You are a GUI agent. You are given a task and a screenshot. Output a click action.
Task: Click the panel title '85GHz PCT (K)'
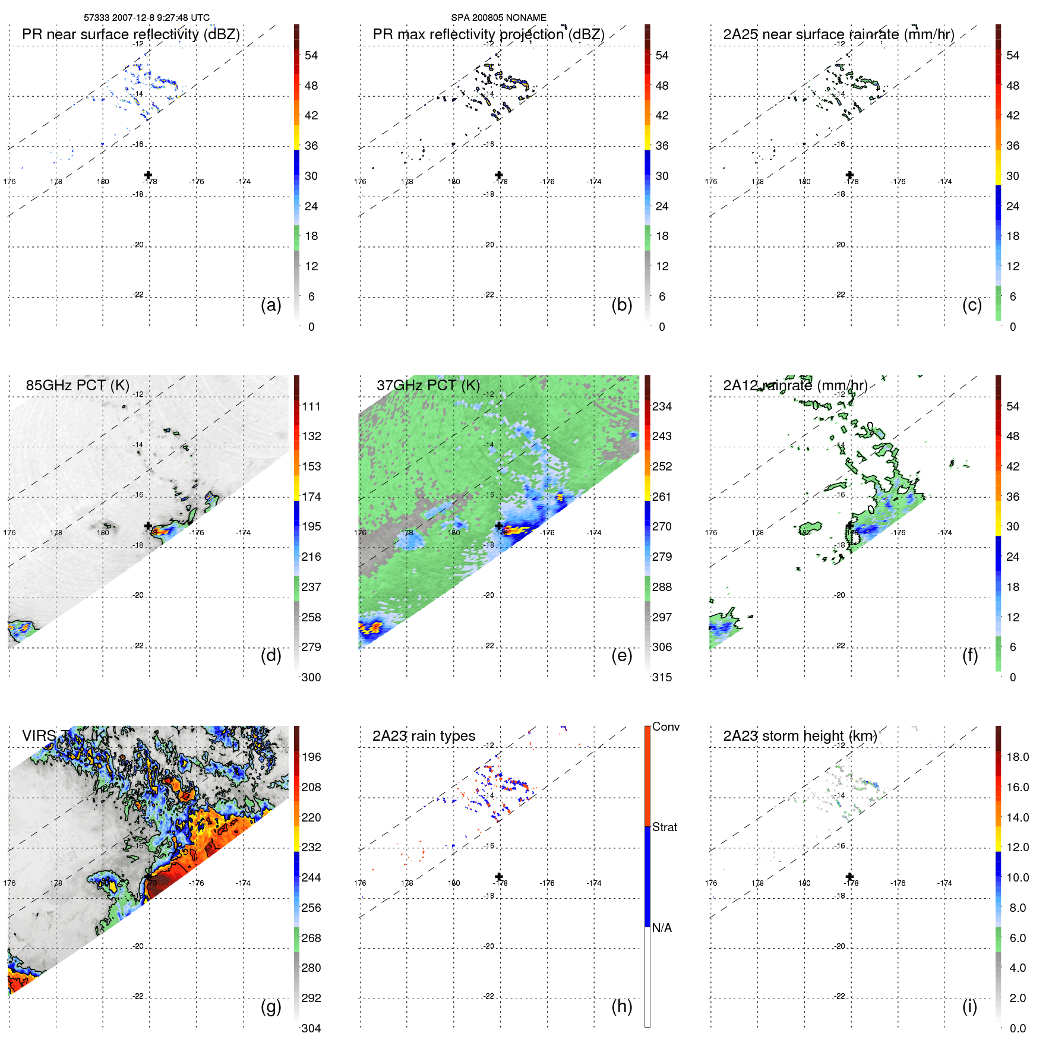point(77,385)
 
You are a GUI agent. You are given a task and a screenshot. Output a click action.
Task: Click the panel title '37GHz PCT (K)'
point(428,385)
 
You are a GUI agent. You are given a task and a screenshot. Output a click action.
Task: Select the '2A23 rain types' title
point(424,736)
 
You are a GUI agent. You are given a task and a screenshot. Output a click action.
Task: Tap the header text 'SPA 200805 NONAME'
point(498,18)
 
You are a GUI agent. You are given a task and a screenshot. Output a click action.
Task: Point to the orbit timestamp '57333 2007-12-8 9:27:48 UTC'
point(147,18)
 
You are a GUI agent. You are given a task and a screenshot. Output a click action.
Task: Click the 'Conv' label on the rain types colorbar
point(665,726)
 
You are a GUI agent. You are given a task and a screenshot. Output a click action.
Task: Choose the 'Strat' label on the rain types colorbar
point(664,827)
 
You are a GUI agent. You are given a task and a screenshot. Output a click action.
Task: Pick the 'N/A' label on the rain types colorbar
point(662,928)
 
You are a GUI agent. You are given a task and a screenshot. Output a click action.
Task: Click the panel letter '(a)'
point(271,305)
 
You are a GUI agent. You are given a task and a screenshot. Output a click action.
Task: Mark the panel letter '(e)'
point(621,655)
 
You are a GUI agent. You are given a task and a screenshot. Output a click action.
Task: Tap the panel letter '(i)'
point(969,1006)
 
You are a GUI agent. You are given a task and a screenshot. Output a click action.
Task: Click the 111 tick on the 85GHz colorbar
point(311,406)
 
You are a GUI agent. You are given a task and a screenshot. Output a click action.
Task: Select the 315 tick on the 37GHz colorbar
point(662,677)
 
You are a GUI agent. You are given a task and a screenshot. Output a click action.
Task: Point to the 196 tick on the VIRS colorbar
point(311,757)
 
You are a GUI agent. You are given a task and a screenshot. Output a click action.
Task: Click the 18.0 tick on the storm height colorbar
point(1018,757)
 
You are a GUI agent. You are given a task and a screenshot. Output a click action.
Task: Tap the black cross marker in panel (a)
point(148,175)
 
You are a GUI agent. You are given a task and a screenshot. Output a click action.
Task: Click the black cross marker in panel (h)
point(499,876)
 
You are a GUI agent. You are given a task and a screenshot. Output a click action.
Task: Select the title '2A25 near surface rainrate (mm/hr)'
point(838,34)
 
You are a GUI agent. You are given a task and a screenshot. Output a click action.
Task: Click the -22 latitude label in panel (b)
point(489,295)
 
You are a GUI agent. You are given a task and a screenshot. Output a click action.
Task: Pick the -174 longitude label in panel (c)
point(944,182)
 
